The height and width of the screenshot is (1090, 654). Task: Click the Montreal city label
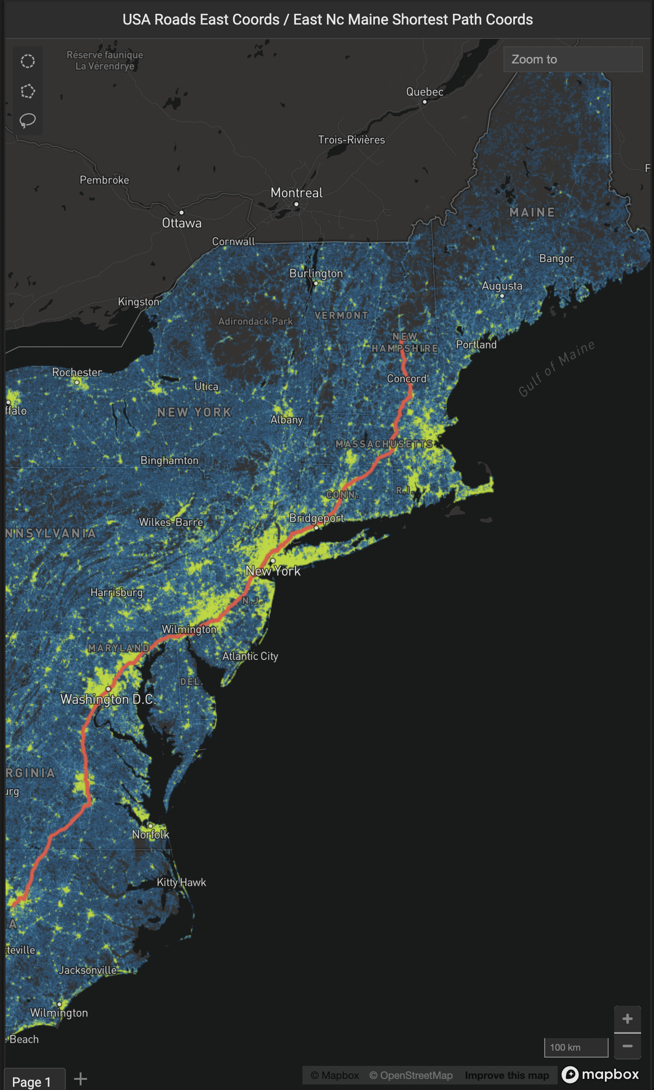coord(296,193)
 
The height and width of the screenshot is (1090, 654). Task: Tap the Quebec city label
coord(424,92)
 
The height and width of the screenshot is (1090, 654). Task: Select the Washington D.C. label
coord(108,699)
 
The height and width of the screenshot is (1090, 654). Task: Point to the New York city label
coord(273,571)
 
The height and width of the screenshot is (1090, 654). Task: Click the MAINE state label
coord(532,213)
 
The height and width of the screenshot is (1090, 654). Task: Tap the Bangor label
coord(556,258)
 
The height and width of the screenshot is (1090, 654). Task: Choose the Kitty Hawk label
coord(181,882)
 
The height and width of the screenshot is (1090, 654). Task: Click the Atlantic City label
coord(250,656)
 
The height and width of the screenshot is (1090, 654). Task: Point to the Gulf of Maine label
coord(556,369)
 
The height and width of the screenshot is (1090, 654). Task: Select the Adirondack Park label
coord(255,321)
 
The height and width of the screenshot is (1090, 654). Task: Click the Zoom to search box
coord(572,59)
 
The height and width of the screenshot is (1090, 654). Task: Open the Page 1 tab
coord(31,1082)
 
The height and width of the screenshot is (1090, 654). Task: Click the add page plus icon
coord(81,1079)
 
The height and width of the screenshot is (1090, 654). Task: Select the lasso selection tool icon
coord(28,121)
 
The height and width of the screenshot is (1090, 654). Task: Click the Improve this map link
coord(507,1075)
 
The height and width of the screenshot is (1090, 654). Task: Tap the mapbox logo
coord(600,1074)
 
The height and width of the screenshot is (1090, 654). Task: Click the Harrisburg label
coord(116,592)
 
